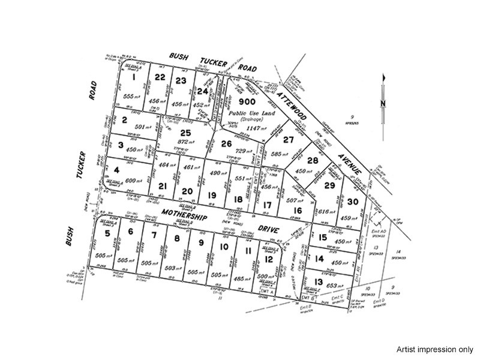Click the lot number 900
tap(241, 103)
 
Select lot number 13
tap(318, 283)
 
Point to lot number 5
tap(108, 233)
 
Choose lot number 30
tap(353, 202)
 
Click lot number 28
tap(312, 161)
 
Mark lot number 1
tap(134, 77)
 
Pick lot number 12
tap(269, 259)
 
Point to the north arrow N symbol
tap(382, 103)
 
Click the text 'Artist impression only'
tap(434, 349)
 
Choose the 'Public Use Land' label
tap(241, 113)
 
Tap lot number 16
tap(297, 211)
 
